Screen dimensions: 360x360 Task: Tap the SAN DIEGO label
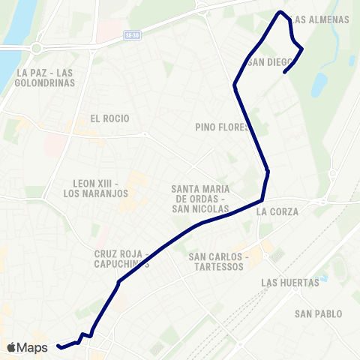(x=268, y=62)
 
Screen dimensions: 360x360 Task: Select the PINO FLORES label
(x=222, y=127)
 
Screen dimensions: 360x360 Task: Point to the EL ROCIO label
(x=109, y=118)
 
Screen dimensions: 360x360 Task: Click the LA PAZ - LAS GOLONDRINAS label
(x=43, y=77)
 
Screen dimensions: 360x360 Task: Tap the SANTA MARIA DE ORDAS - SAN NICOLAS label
(x=200, y=198)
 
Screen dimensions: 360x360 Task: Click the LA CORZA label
(x=277, y=211)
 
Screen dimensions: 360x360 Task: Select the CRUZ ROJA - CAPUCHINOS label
(x=122, y=259)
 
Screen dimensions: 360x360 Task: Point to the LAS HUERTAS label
(x=290, y=283)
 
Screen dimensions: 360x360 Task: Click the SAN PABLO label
(x=319, y=313)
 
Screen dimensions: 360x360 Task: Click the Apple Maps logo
(x=27, y=347)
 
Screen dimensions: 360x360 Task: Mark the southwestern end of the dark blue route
(x=58, y=346)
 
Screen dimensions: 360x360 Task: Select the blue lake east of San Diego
(x=321, y=82)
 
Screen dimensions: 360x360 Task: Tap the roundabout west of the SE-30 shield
(x=35, y=49)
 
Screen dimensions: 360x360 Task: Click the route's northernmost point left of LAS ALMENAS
(x=280, y=12)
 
